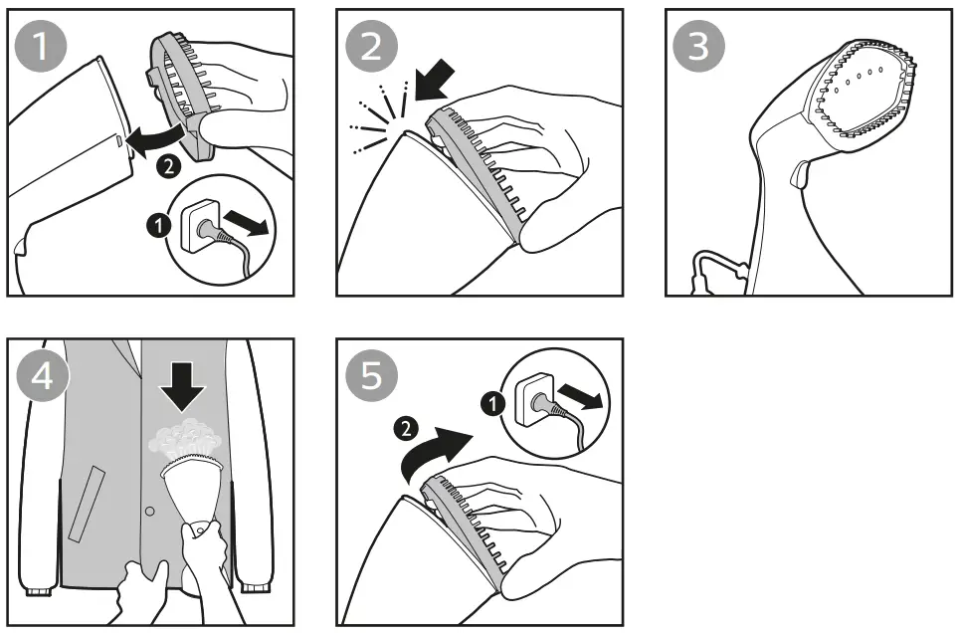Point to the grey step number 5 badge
pos(371,376)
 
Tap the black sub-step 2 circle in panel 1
pos(170,166)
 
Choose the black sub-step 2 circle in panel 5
pos(403,430)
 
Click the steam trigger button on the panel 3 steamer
pos(797,176)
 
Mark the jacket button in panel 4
pos(148,512)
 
